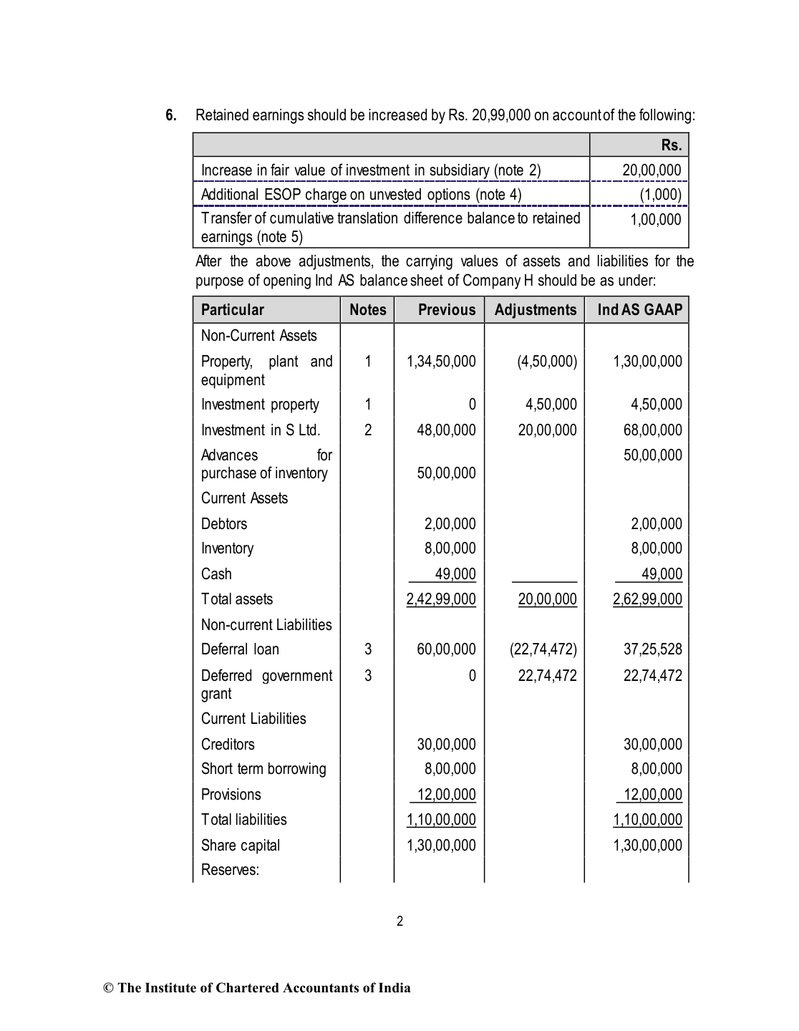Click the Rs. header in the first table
coord(671,145)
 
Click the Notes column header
coord(367,310)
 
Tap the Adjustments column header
coord(535,310)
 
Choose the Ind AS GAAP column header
coord(639,310)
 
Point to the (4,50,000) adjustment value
coord(547,362)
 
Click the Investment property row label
coord(260,405)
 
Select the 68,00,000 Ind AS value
coord(652,430)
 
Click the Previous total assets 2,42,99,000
coord(441,599)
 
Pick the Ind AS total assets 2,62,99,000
coord(647,599)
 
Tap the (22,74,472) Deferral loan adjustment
coord(543,649)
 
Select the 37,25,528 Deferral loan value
coord(652,649)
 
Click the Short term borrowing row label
coord(263,769)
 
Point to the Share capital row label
coord(241,846)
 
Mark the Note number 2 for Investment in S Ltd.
coord(367,430)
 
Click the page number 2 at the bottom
coord(399,921)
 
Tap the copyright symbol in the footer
coord(109,989)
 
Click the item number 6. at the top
coord(171,115)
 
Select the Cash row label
coord(216,574)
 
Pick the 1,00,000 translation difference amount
coord(655,220)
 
